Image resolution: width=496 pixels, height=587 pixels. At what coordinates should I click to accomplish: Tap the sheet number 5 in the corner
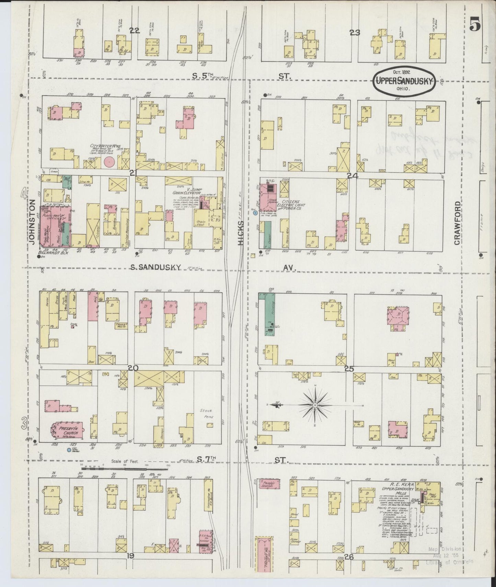(475, 25)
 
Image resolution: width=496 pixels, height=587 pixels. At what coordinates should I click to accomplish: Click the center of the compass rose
(315, 405)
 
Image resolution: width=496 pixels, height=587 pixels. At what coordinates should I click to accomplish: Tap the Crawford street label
(457, 223)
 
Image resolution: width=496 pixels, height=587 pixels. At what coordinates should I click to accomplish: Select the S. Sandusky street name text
(155, 268)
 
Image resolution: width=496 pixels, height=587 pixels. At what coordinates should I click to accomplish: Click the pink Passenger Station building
(268, 484)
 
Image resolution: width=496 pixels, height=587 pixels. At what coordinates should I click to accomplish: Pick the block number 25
(349, 369)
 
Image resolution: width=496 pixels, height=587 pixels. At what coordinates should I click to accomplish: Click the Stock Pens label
(206, 414)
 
